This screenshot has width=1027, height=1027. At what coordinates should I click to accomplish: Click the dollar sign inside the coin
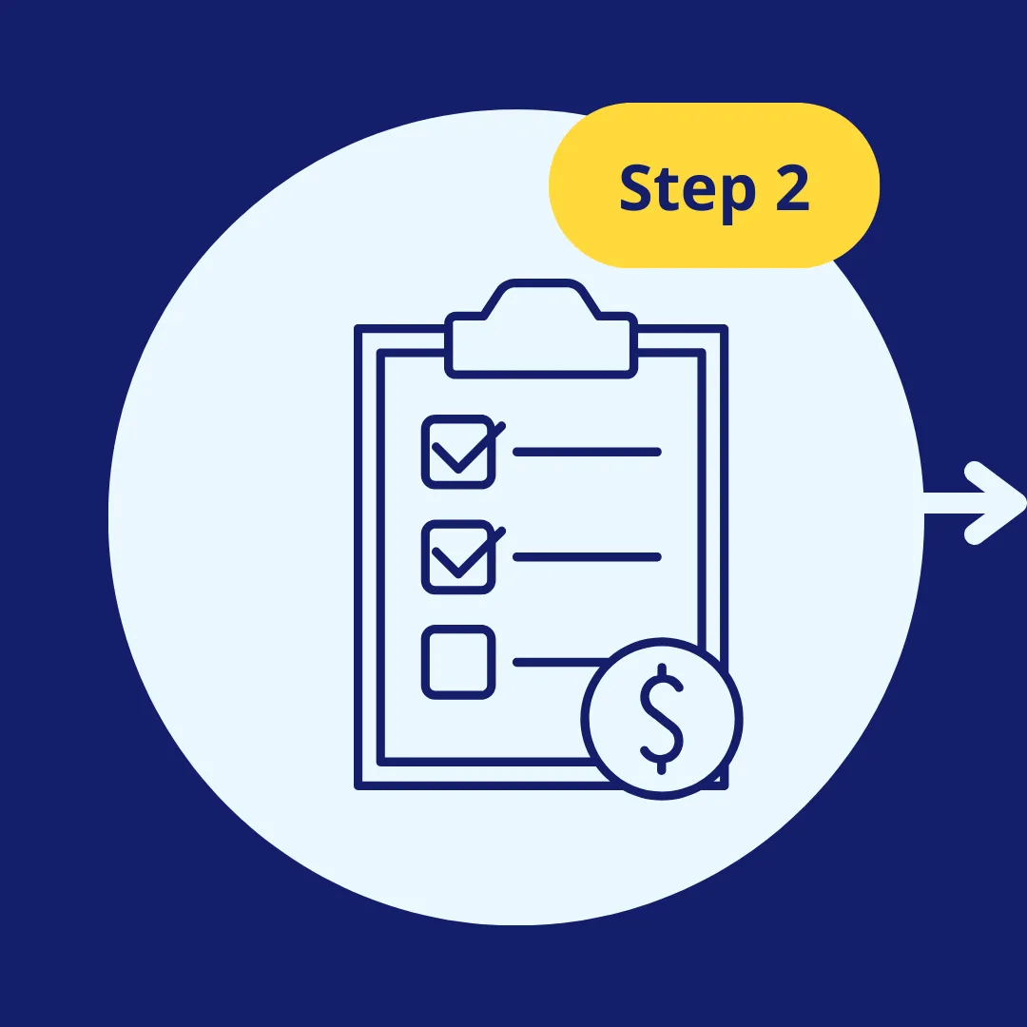click(661, 717)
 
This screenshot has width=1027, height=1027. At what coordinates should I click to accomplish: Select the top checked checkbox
click(458, 452)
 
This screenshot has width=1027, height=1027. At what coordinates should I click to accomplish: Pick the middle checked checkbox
click(458, 557)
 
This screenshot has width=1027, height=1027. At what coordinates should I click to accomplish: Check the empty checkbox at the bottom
click(458, 662)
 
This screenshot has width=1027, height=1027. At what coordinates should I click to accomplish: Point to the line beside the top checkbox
click(587, 452)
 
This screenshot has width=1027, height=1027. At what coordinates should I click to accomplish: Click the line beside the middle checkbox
click(587, 557)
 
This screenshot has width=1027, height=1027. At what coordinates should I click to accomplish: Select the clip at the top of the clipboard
click(541, 342)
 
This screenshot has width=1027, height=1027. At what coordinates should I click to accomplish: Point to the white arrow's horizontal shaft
click(951, 503)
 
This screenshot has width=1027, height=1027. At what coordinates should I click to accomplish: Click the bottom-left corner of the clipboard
click(359, 785)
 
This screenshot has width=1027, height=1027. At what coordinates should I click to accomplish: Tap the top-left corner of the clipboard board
click(359, 330)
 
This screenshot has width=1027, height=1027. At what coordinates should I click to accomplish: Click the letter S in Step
click(635, 188)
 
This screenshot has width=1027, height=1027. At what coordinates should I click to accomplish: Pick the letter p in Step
click(733, 195)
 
